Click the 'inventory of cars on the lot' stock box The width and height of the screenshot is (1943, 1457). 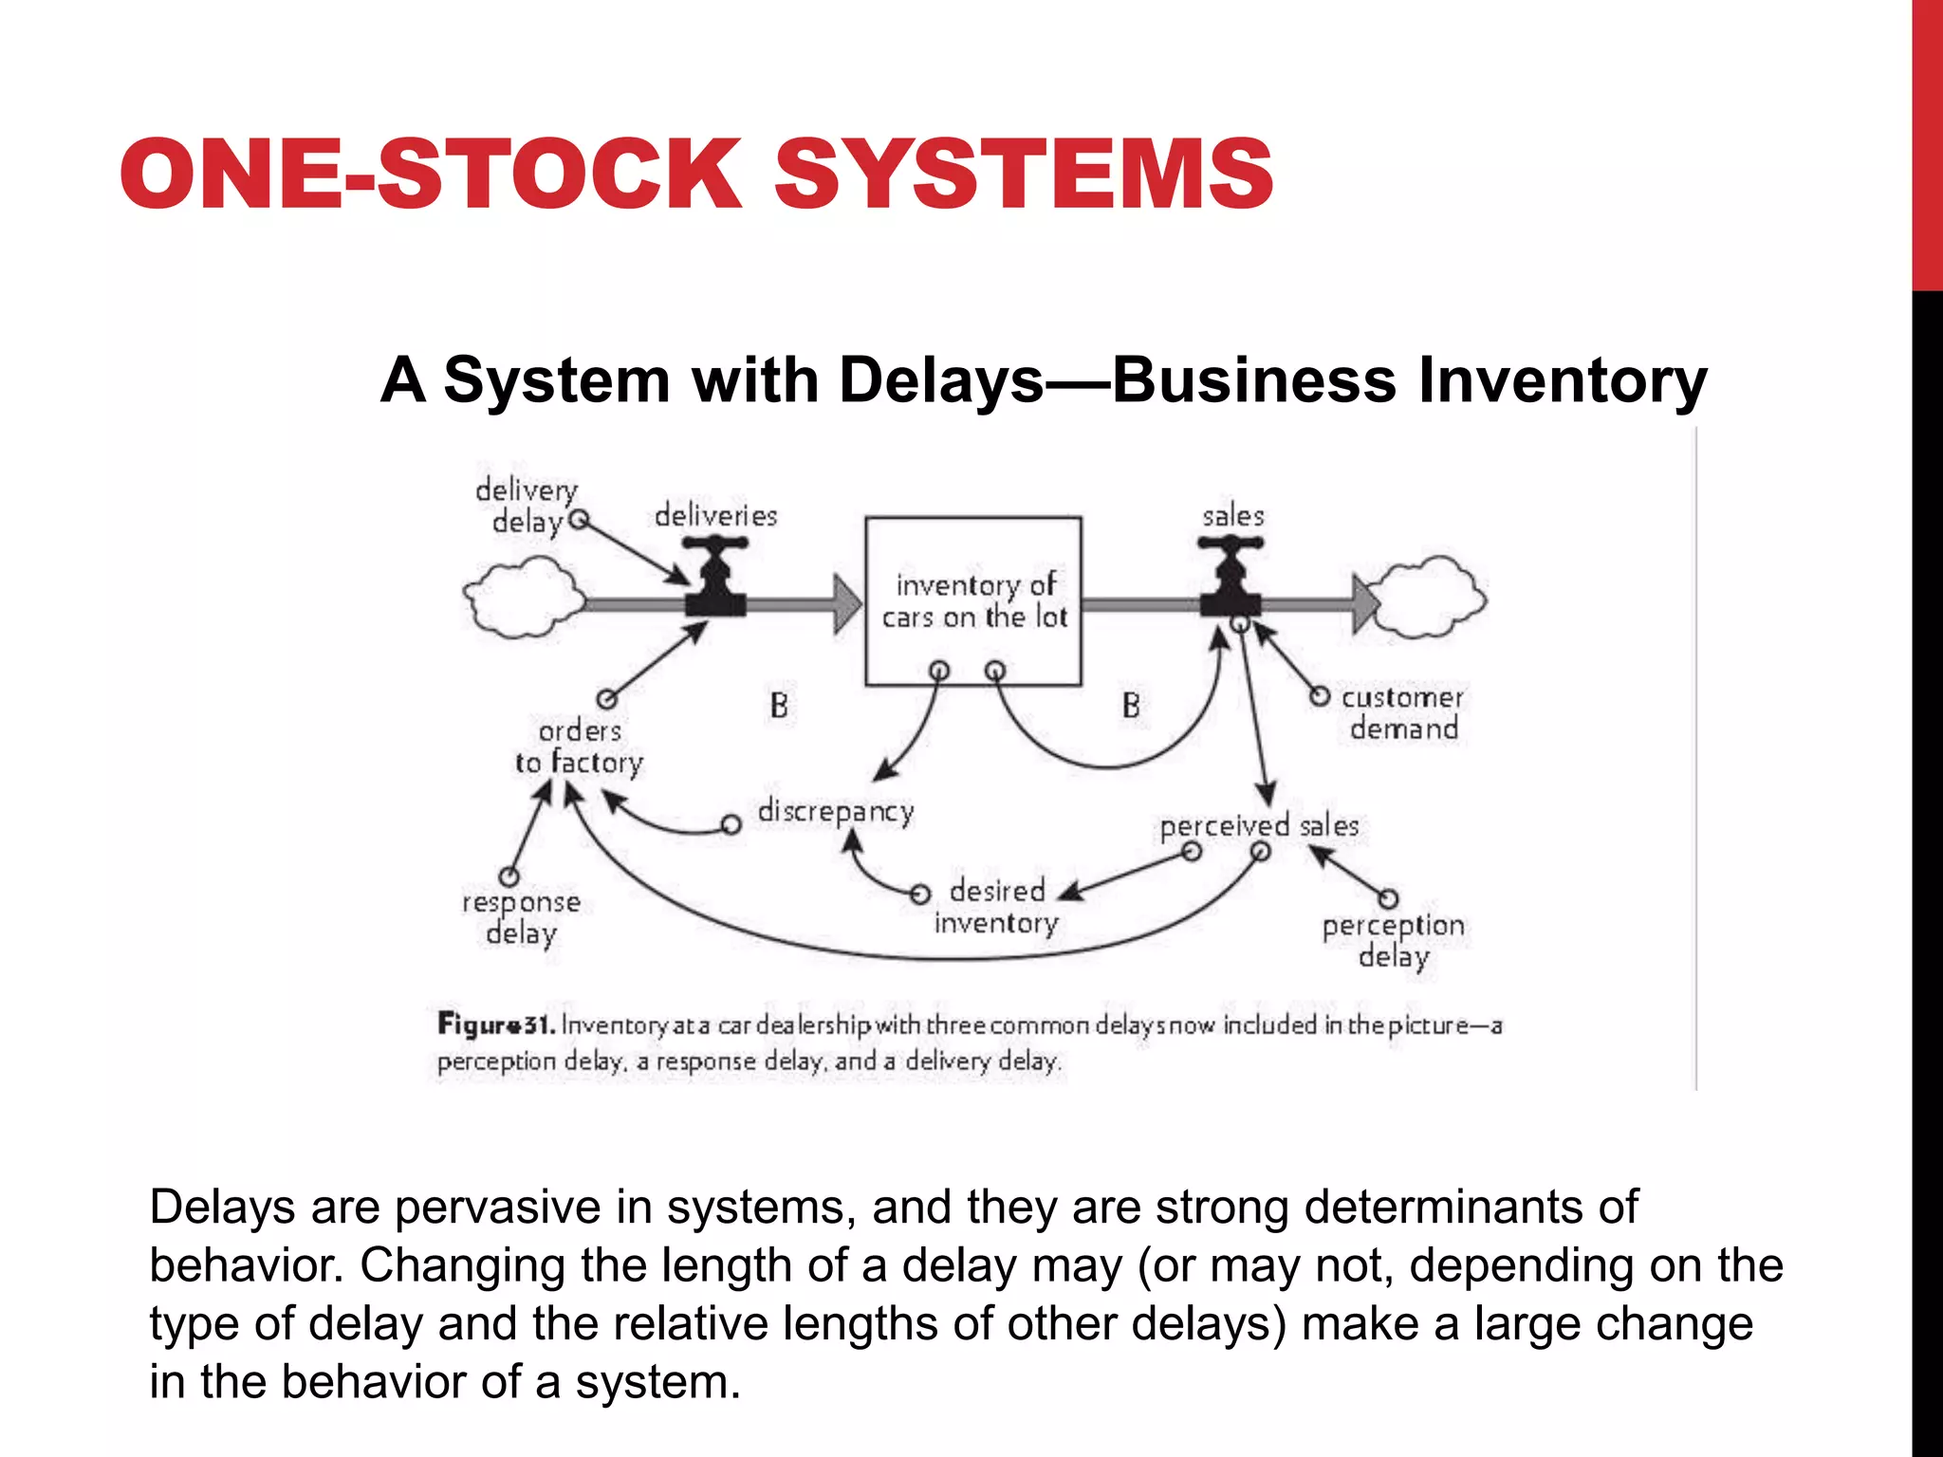(973, 600)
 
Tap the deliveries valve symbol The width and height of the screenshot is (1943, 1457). (715, 579)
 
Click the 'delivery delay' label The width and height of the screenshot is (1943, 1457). (527, 506)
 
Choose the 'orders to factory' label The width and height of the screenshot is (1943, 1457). (579, 747)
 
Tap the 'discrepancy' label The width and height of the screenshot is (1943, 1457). (836, 812)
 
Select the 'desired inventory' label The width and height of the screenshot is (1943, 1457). (996, 907)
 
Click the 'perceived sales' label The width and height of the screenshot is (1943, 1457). (1259, 826)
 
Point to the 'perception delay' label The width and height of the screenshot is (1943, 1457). (1393, 940)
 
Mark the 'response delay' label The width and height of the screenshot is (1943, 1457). (521, 917)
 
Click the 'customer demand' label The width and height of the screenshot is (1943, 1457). (1402, 713)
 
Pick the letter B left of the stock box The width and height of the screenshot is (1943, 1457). (779, 706)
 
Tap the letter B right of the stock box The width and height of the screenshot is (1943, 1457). (1131, 706)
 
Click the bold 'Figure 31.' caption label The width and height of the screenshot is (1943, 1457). (496, 1024)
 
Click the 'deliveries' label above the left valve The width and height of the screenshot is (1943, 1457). (715, 516)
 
